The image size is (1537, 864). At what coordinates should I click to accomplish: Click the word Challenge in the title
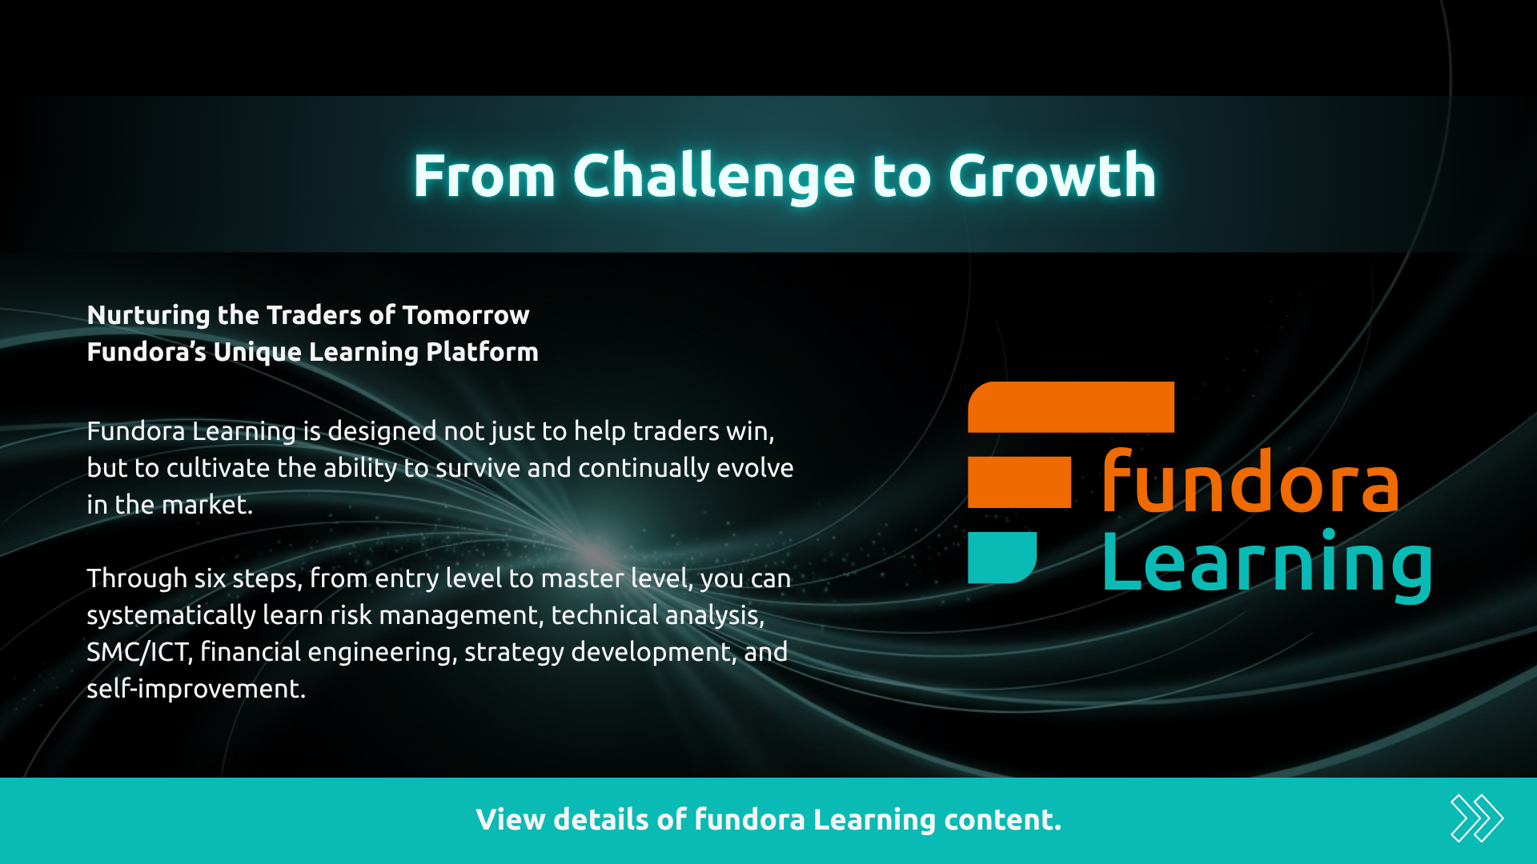click(x=713, y=177)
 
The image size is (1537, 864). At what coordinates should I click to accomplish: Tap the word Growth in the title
click(x=1052, y=175)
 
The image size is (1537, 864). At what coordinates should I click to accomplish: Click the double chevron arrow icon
click(x=1476, y=818)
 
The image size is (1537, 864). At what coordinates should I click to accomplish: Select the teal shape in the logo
click(x=1001, y=557)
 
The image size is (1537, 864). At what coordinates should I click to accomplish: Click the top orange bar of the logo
click(x=1071, y=406)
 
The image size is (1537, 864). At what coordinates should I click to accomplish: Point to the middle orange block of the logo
click(x=1019, y=482)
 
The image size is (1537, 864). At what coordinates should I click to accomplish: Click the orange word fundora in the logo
click(x=1250, y=482)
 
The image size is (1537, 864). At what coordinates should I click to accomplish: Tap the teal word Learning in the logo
click(x=1266, y=565)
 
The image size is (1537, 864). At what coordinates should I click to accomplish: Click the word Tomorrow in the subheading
click(x=465, y=315)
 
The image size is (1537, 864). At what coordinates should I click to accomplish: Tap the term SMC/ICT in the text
click(x=138, y=652)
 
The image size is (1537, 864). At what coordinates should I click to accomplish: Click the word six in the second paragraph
click(x=211, y=578)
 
